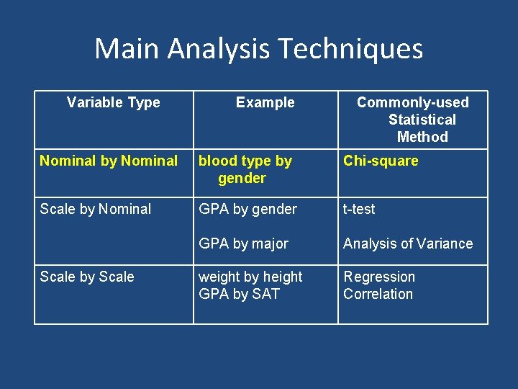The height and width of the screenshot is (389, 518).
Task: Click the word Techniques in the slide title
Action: [x=350, y=49]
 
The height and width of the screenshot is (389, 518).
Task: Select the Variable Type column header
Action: [x=114, y=102]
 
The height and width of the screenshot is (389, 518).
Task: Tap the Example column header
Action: [x=265, y=102]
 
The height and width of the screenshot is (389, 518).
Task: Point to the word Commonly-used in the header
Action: [x=413, y=102]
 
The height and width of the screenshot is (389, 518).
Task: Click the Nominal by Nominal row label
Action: [x=109, y=161]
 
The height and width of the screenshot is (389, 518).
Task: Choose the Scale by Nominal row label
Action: [x=96, y=209]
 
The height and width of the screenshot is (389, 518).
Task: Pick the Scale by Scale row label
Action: [x=87, y=277]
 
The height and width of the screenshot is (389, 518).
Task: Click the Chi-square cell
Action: [x=381, y=161]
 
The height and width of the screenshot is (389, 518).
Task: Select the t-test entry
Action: [x=359, y=209]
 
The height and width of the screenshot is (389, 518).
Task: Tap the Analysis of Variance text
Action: [x=408, y=243]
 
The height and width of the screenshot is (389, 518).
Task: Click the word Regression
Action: [x=379, y=277]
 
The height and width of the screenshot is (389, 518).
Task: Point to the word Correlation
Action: [x=378, y=294]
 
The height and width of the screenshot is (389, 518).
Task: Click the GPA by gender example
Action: [x=247, y=209]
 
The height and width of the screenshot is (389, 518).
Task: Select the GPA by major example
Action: [x=243, y=243]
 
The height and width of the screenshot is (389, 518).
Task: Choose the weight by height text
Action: [x=250, y=277]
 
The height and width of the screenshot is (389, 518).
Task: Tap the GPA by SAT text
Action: [x=239, y=294]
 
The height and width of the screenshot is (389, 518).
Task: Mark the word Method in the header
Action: [x=422, y=137]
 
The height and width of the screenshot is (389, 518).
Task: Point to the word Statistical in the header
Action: [x=422, y=120]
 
